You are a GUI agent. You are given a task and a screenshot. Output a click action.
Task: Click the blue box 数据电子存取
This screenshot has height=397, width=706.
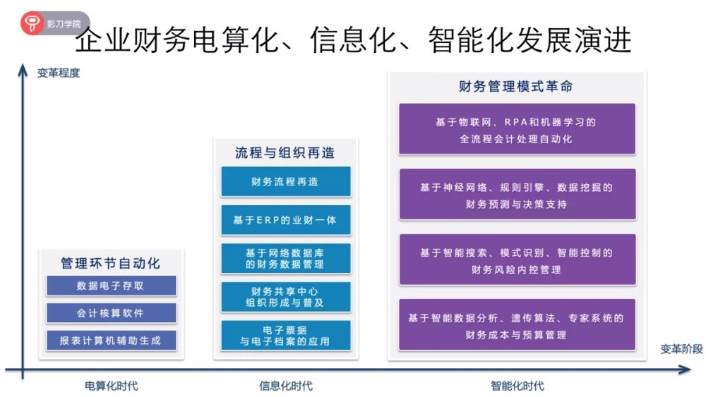pos(111,286)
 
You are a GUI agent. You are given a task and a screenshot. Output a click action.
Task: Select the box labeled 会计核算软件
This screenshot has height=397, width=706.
pos(111,312)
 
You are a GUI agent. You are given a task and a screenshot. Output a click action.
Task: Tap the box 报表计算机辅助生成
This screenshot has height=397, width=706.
pos(111,340)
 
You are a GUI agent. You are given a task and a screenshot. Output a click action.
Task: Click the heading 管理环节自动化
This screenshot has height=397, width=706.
pos(111,263)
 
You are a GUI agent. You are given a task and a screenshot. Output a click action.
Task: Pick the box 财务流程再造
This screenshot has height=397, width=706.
pos(285,181)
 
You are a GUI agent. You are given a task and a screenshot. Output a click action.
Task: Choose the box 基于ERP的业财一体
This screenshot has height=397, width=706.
pos(285,220)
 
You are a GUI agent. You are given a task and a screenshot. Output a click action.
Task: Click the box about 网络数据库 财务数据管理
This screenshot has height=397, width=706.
pos(285,258)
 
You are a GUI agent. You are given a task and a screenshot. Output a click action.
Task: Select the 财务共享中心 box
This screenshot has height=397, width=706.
pos(285,297)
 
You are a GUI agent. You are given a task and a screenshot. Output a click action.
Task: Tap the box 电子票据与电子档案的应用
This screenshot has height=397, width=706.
pos(285,335)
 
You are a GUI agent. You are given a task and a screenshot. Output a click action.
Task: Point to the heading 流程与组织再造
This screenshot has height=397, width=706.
pos(285,152)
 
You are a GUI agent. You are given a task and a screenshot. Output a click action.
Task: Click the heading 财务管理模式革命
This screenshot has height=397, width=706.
pos(516,87)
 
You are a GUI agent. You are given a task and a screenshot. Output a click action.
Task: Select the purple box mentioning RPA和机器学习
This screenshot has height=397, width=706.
pos(516,130)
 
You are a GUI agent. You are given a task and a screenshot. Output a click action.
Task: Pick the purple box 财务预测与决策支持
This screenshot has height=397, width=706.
pos(516,195)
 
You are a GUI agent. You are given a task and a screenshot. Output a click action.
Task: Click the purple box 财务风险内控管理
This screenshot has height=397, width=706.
pos(516,260)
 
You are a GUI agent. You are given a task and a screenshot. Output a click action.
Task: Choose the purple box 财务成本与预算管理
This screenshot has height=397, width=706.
pos(516,326)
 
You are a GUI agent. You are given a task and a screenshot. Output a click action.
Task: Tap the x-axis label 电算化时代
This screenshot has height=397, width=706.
pos(111,386)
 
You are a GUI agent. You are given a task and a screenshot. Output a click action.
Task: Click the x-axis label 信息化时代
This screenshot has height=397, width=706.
pos(285,386)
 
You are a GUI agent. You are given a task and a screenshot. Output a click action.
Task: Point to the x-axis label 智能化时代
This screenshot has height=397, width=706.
pos(517,386)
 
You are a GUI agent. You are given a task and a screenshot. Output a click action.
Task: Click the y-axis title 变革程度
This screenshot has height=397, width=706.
pos(59,73)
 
